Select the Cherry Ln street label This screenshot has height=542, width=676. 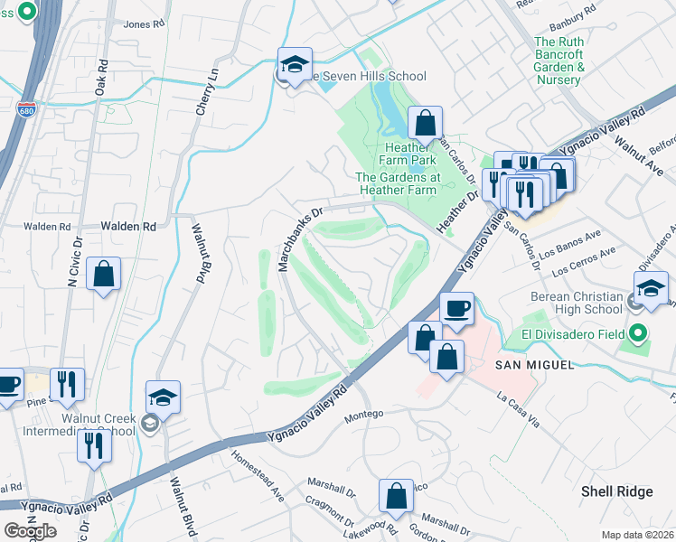(207, 89)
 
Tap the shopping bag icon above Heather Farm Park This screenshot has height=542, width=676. (424, 123)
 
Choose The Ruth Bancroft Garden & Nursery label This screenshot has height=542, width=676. (571, 61)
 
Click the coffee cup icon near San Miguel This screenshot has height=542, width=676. (456, 308)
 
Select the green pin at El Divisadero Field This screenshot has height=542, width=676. (640, 333)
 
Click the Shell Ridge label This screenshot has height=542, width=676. (616, 491)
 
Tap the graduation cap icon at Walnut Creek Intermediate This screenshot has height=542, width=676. (163, 397)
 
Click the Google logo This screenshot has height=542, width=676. (30, 530)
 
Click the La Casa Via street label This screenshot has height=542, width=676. (518, 407)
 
